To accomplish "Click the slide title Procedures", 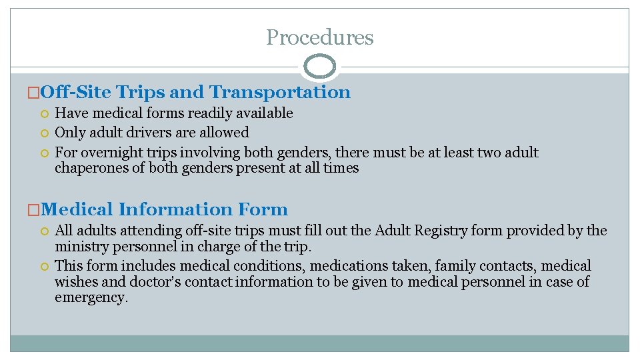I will pyautogui.click(x=319, y=37).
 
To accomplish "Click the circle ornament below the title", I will pyautogui.click(x=319, y=67).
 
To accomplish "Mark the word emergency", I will pyautogui.click(x=91, y=297).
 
